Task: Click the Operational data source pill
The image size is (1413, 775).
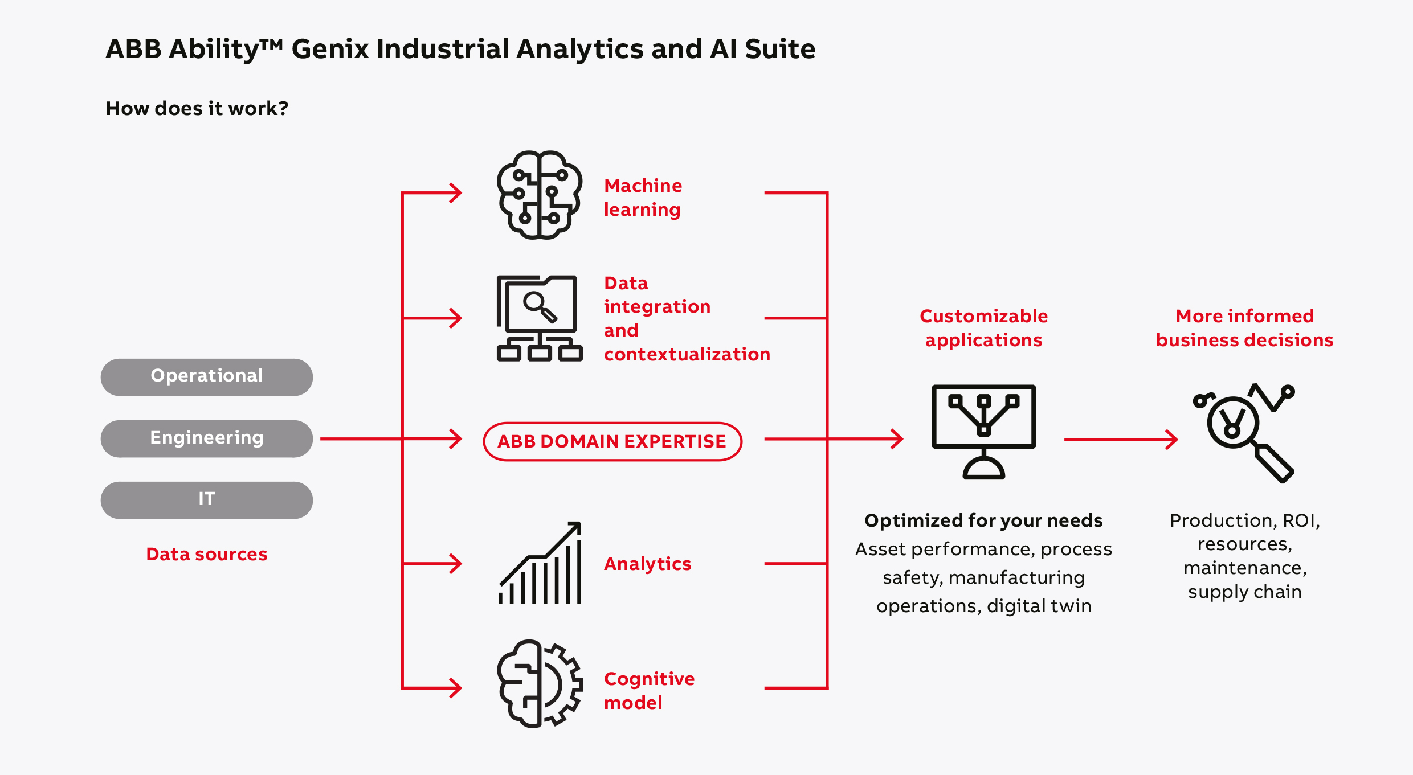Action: click(x=206, y=376)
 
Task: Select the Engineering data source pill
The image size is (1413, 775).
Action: click(x=206, y=438)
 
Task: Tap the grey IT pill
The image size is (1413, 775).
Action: click(x=206, y=499)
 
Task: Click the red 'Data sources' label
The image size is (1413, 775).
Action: click(x=206, y=554)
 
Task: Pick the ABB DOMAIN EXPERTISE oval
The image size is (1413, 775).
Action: click(x=612, y=441)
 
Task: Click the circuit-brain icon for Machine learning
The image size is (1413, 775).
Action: click(x=539, y=195)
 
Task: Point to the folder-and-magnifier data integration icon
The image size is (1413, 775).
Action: click(x=539, y=318)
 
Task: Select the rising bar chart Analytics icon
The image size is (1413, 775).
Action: click(x=540, y=563)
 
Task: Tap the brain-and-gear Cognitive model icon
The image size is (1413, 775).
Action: click(x=539, y=683)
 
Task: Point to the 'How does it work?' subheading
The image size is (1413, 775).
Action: click(x=197, y=108)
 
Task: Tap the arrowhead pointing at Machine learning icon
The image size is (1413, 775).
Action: click(x=456, y=193)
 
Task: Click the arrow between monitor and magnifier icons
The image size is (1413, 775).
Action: click(x=1120, y=440)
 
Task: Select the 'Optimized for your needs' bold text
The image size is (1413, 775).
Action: click(x=983, y=520)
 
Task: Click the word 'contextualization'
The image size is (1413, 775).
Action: click(x=687, y=354)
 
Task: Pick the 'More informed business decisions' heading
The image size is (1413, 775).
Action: click(x=1244, y=328)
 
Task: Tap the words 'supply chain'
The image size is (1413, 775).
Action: click(x=1244, y=592)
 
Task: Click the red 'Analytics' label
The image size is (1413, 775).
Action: click(x=647, y=564)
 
